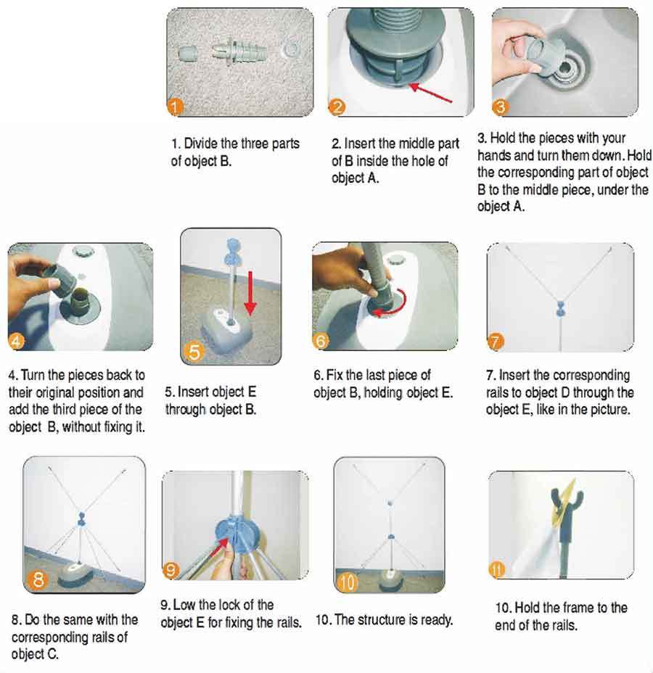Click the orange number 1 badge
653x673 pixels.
175,107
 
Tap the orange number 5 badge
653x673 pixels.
194,352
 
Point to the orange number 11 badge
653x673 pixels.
497,570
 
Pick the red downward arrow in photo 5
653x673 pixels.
250,294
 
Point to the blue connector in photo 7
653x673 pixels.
561,307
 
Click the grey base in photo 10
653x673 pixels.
390,580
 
